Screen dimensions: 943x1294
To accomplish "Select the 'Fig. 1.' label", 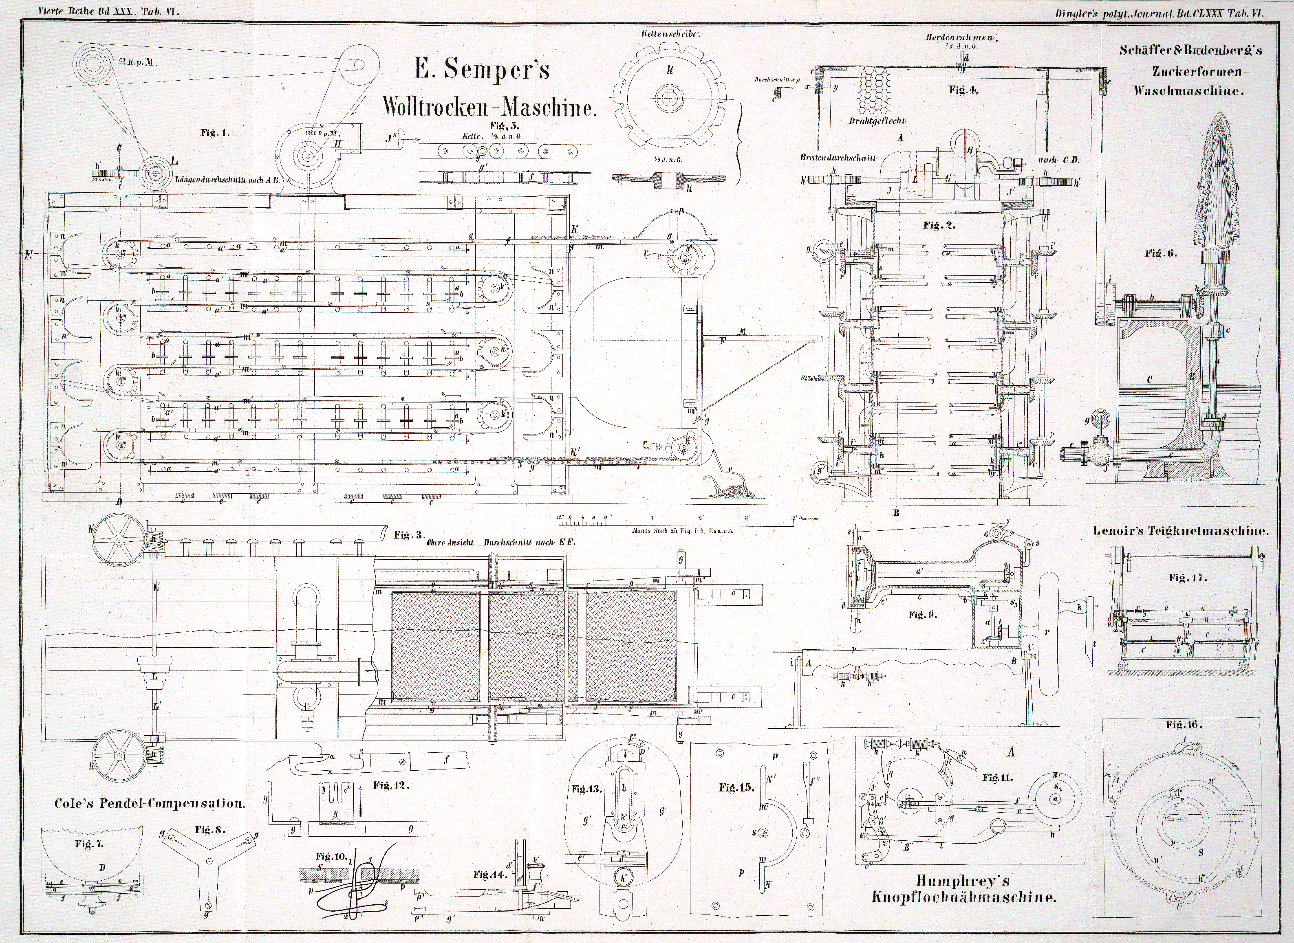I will click(215, 132).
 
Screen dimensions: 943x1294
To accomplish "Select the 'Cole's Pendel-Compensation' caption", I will click(150, 803).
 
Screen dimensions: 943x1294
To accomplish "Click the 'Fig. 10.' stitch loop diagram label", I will click(331, 856).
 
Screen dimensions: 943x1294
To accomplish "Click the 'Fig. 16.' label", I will click(1184, 725).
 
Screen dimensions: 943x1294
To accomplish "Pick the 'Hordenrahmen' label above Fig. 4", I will click(962, 37).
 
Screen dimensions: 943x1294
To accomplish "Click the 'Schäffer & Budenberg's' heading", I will click(1190, 50).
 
